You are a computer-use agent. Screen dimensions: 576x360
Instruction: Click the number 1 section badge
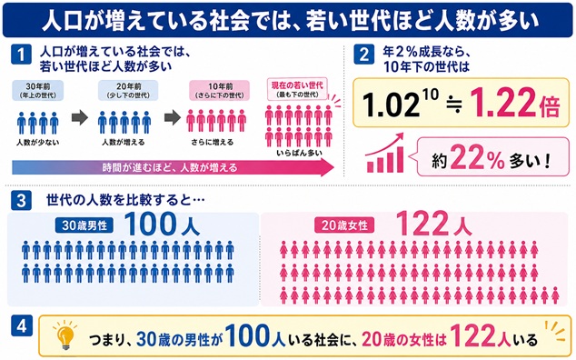coord(21,54)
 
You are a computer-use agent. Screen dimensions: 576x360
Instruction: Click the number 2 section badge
coord(363,54)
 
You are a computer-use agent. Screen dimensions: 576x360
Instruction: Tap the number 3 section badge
coord(21,200)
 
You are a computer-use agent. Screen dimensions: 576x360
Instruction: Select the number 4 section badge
coord(21,325)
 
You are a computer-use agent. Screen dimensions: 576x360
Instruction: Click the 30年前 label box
coord(38,91)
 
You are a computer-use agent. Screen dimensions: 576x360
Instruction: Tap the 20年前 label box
coord(128,91)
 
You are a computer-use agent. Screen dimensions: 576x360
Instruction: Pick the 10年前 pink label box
coord(220,91)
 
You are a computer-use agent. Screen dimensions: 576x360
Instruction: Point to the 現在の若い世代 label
coord(297,89)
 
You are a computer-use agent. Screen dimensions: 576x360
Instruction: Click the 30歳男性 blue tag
coord(84,225)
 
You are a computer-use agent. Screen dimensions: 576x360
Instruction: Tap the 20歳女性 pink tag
coord(344,225)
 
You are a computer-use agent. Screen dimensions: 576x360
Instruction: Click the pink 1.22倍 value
coord(514,103)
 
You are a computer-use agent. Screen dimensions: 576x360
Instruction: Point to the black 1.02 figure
coord(391,104)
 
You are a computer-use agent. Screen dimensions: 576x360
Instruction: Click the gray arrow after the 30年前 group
coord(80,117)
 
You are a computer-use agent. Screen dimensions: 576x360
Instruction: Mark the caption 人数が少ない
coord(37,143)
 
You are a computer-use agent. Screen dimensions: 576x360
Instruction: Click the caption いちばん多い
coord(299,153)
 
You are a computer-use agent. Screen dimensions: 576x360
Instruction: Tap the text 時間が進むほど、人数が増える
coord(170,167)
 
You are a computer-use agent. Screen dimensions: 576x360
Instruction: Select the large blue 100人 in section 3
coord(162,224)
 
